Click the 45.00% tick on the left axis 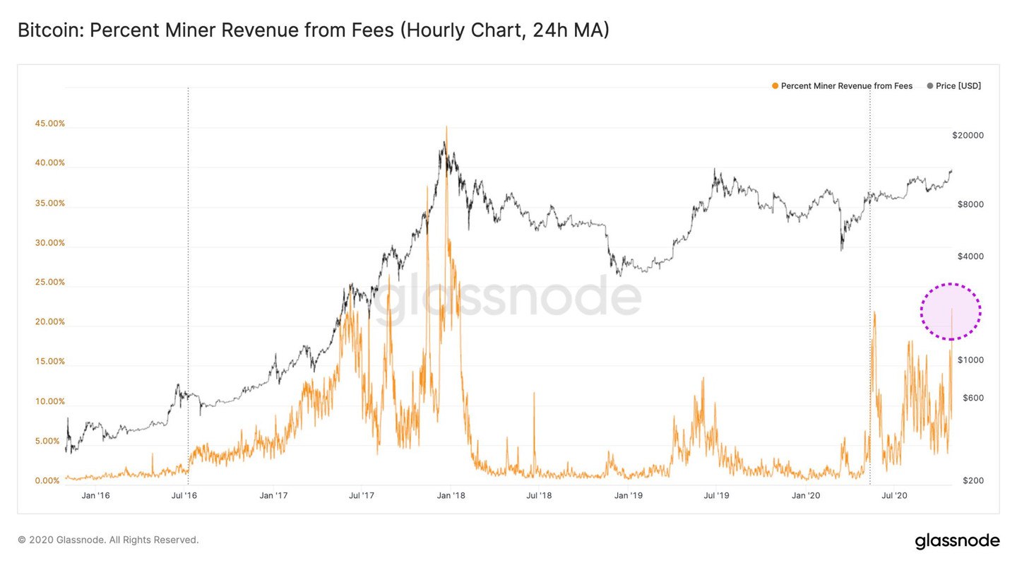coord(49,124)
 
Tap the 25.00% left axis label coord(49,283)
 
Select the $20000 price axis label coord(968,136)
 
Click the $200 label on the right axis coord(973,481)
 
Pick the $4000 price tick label coord(970,256)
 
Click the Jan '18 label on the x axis coord(450,496)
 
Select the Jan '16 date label coord(95,496)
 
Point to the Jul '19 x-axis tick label coord(716,496)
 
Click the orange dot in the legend coord(775,86)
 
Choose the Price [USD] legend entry coord(958,86)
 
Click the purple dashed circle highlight coord(951,312)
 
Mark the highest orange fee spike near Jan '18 coord(446,128)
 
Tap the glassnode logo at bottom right coord(957,541)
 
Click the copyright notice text coord(108,540)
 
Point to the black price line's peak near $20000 coord(444,143)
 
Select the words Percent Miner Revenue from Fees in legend coord(846,86)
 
